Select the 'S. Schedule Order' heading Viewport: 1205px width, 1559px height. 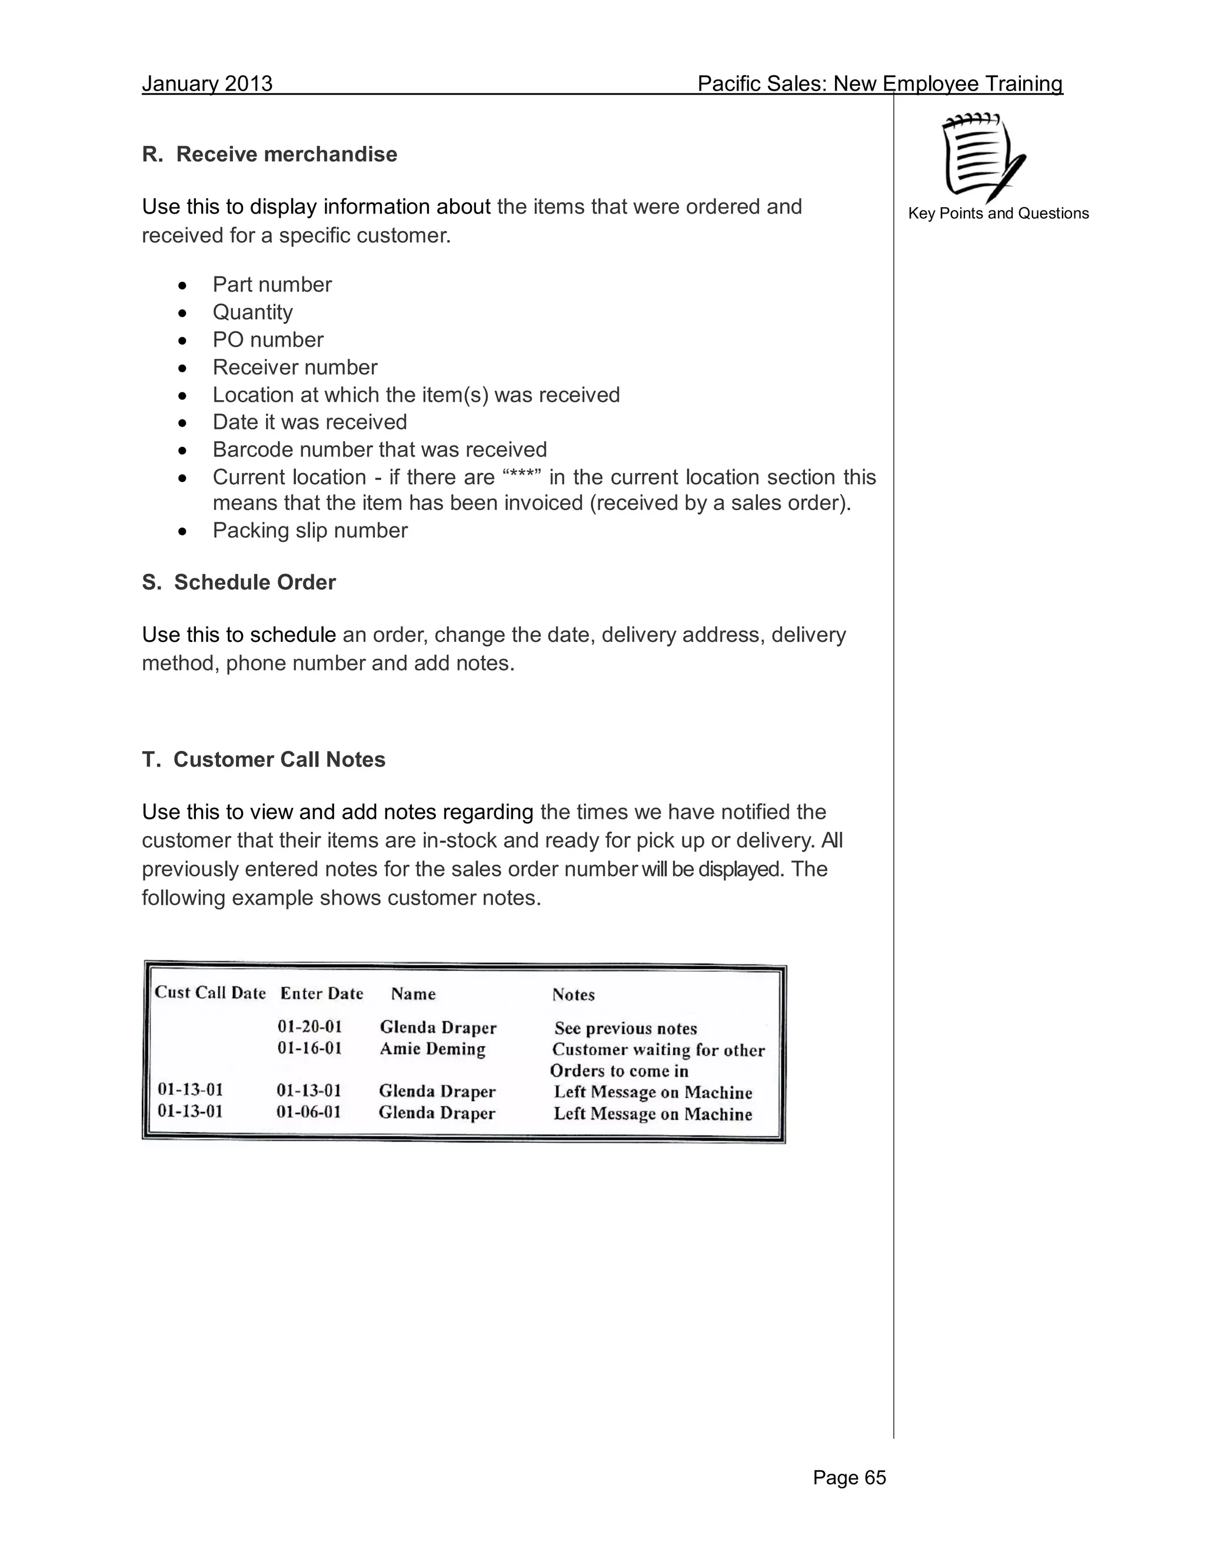pyautogui.click(x=238, y=582)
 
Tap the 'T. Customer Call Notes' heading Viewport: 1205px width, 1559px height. pyautogui.click(x=264, y=759)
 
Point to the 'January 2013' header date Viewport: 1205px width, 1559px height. pyautogui.click(x=207, y=84)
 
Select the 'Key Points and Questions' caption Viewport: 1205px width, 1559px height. pyautogui.click(x=998, y=214)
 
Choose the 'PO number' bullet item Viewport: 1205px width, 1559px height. pyautogui.click(x=268, y=340)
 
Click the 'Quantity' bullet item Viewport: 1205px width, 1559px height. pyautogui.click(x=252, y=312)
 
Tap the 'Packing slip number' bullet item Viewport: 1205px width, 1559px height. pyautogui.click(x=310, y=531)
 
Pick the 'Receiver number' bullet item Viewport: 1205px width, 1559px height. pyautogui.click(x=295, y=367)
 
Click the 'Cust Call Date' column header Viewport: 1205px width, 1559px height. pyautogui.click(x=210, y=993)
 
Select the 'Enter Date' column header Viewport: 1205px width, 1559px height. pyautogui.click(x=321, y=994)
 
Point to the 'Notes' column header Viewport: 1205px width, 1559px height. pyautogui.click(x=573, y=995)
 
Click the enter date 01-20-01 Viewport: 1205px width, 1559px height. pyautogui.click(x=310, y=1027)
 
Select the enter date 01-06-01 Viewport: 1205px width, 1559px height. pyautogui.click(x=308, y=1112)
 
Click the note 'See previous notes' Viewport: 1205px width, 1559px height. pyautogui.click(x=625, y=1028)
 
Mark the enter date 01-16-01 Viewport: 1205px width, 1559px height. pyautogui.click(x=310, y=1048)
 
